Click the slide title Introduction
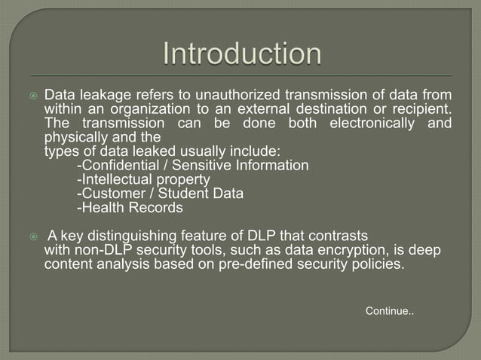point(242,55)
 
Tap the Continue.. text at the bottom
point(389,311)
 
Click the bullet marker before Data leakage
point(32,96)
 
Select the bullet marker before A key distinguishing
point(32,236)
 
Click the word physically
point(72,138)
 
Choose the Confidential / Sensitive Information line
point(193,166)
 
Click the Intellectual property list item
point(133,179)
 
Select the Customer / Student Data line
point(161,194)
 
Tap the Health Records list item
point(130,207)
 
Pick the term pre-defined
point(265,264)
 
